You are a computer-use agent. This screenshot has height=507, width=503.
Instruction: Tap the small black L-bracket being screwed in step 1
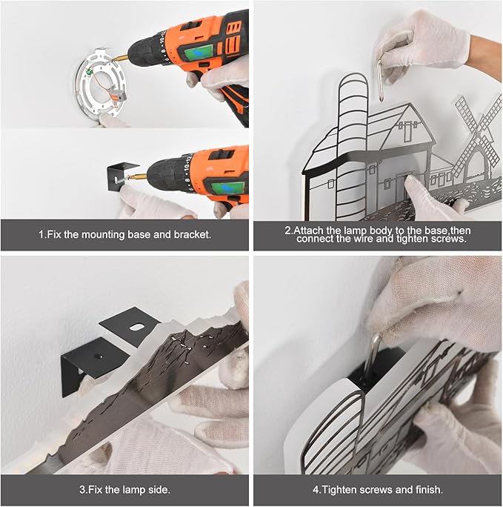[116, 176]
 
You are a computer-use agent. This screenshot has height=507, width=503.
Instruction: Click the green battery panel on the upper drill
[198, 53]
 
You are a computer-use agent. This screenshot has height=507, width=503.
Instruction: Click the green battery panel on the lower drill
[227, 188]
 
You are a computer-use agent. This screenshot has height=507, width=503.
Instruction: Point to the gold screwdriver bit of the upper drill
[119, 59]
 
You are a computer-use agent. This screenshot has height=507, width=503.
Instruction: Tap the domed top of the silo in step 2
[353, 82]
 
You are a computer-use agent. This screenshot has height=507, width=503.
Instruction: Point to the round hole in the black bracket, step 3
[97, 356]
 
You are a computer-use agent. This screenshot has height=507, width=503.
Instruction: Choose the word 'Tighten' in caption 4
[339, 489]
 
